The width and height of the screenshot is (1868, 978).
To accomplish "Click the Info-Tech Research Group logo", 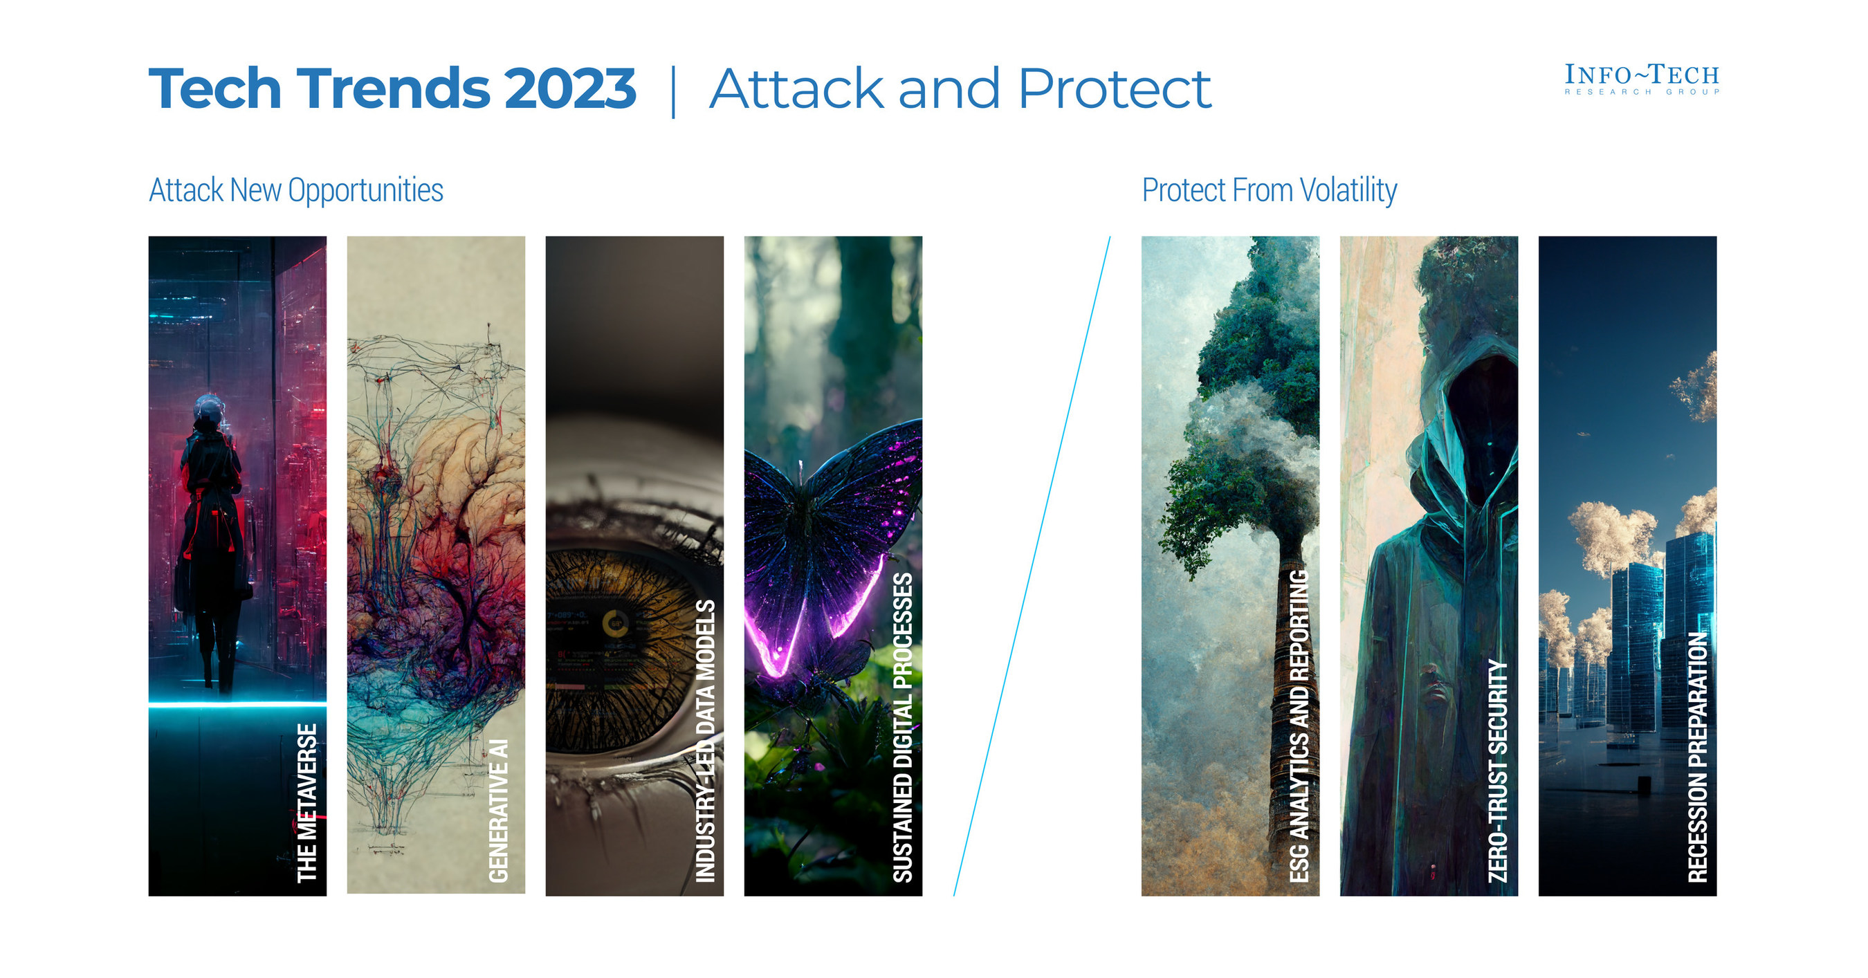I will pos(1641,79).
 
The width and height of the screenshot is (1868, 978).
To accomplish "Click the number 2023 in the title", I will pos(570,89).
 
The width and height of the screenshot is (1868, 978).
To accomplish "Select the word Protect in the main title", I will pos(1114,89).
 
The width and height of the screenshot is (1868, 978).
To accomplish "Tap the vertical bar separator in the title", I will pos(674,91).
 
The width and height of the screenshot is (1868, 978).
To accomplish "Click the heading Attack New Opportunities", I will pos(296,190).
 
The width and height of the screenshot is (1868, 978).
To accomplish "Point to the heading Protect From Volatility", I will pos(1269,190).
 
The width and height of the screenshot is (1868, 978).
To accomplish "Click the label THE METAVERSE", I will pos(307,802).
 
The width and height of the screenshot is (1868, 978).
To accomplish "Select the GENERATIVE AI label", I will pos(499,811).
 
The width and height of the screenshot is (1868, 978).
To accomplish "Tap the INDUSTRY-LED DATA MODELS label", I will pos(706,741).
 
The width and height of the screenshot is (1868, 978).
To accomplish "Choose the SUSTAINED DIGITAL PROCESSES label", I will pos(903,727).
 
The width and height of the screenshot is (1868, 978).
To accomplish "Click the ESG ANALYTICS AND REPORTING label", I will pos(1299,726).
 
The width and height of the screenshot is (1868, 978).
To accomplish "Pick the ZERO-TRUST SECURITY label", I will pos(1497,771).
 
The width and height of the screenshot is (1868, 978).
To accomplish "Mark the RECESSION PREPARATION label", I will pos(1698,757).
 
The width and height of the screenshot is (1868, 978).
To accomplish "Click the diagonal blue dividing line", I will pos(1031,566).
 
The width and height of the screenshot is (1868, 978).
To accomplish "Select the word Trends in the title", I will pos(394,89).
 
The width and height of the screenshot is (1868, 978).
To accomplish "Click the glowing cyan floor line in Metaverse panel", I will pos(237,703).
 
